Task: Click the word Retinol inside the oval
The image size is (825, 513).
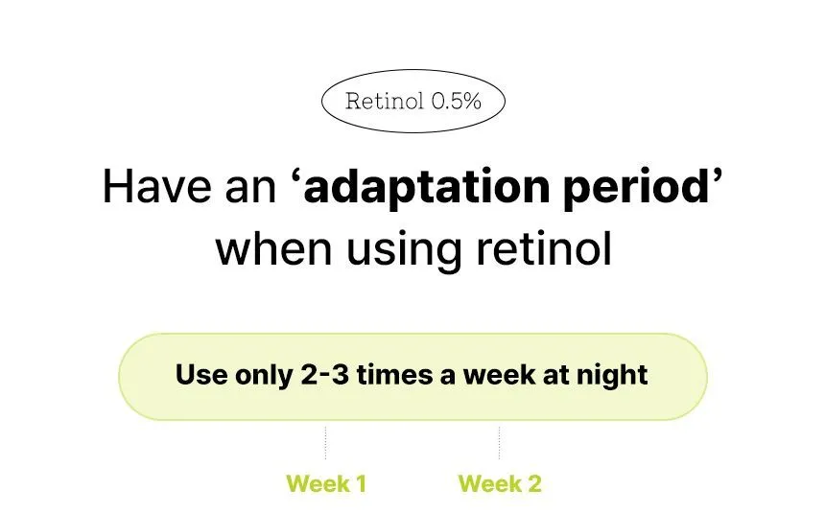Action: point(384,101)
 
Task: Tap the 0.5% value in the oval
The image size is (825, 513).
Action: point(457,101)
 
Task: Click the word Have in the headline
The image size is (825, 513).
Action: point(156,187)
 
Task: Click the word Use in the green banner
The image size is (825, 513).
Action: point(201,375)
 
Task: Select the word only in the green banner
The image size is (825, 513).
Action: point(264,376)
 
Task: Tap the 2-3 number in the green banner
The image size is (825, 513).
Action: point(324,375)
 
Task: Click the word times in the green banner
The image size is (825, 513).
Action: point(395,375)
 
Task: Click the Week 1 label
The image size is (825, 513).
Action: point(326,483)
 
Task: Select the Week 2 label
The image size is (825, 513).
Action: point(500,483)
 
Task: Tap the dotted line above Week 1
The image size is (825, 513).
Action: point(326,443)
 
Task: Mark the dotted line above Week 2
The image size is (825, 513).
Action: point(499,443)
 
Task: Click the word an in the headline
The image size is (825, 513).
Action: point(250,191)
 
